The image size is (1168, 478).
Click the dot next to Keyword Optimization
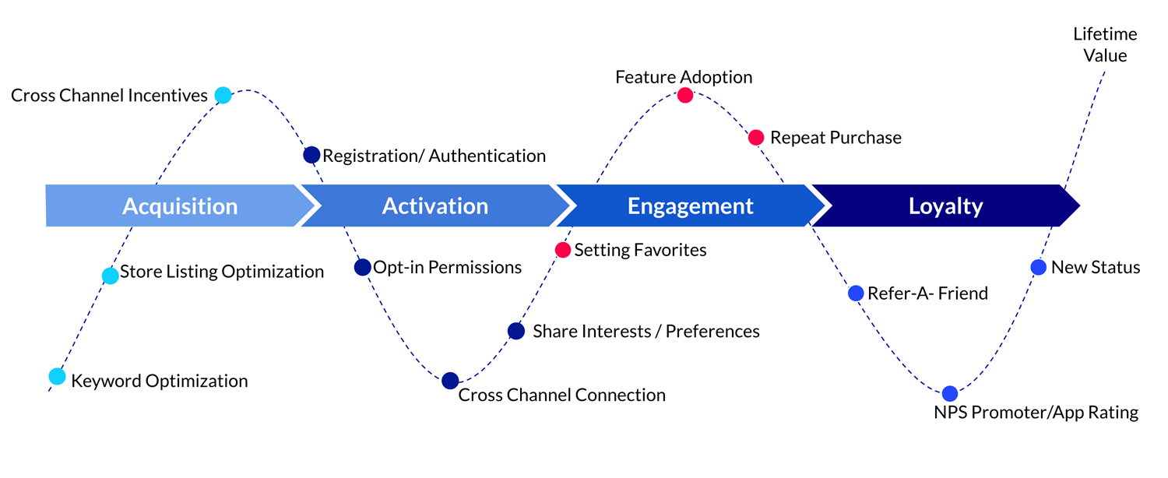[x=57, y=377]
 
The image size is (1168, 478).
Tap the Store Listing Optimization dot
[x=111, y=276]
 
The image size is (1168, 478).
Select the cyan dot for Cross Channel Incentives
[x=223, y=96]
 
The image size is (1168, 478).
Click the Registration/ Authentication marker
[x=311, y=155]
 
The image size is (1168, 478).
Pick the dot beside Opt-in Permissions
[x=362, y=267]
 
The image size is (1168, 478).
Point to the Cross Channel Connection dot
[x=450, y=381]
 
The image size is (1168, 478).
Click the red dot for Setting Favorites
[x=563, y=250]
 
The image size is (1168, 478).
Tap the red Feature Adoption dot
[x=684, y=95]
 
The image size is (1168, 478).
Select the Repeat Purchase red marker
[x=755, y=138]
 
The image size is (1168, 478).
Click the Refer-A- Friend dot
[x=855, y=293]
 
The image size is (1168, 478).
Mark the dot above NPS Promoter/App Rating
[x=949, y=393]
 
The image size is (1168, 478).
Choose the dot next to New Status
[x=1038, y=267]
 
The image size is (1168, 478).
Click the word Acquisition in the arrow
[x=180, y=206]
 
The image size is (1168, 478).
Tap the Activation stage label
[x=435, y=206]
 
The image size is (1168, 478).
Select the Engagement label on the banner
[x=690, y=206]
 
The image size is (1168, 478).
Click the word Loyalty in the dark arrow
[x=945, y=206]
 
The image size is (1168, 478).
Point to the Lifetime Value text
[x=1104, y=45]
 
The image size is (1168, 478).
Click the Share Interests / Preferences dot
[x=516, y=331]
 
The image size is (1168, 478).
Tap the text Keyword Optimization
[x=160, y=381]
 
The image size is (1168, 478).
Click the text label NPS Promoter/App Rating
[x=1036, y=413]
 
